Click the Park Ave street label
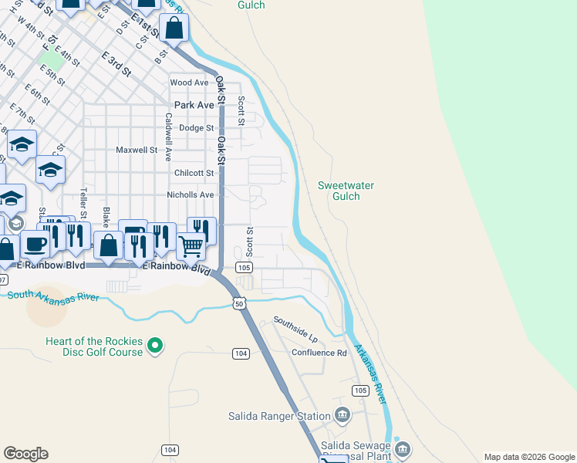(194, 105)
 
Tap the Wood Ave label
(190, 83)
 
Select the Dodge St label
(196, 128)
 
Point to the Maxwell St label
(137, 150)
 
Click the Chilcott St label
(194, 173)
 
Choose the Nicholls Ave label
(191, 195)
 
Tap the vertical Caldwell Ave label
(167, 137)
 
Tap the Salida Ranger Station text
(279, 416)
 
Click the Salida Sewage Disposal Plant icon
(402, 449)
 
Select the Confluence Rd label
(319, 353)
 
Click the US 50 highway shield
(240, 305)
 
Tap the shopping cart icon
(191, 246)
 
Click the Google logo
(25, 454)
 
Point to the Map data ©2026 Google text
(528, 457)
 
